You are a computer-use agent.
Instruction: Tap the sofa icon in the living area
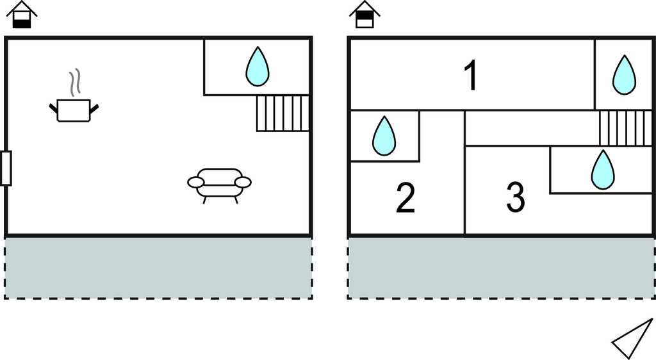219,184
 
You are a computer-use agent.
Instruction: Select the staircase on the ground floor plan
283,113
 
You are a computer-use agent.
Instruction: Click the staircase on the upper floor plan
625,127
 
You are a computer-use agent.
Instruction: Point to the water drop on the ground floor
258,67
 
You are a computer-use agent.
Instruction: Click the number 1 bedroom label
471,76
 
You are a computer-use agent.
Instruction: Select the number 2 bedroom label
406,198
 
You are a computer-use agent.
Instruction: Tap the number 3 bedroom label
516,198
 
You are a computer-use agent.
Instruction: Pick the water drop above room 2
384,136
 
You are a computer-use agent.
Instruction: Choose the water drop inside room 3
602,170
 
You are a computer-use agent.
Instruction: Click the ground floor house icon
22,15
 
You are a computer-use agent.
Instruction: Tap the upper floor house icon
365,15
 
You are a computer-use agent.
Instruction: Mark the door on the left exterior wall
6,168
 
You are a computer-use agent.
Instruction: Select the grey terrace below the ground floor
158,267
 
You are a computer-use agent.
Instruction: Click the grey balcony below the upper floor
501,267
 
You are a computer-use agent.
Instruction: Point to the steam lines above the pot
76,82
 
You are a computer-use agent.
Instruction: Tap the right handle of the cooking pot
95,108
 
